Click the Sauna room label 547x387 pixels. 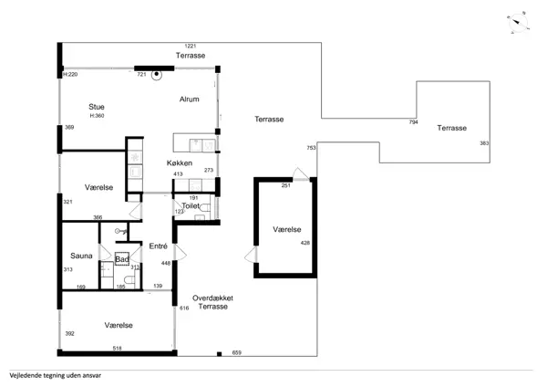click(x=81, y=256)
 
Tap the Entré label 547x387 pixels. click(x=159, y=246)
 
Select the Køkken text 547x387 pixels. click(x=180, y=162)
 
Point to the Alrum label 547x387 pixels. click(x=189, y=99)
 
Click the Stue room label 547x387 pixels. click(x=97, y=107)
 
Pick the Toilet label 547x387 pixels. click(x=191, y=206)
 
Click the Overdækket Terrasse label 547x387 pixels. click(x=212, y=302)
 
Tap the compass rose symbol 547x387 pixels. click(x=518, y=23)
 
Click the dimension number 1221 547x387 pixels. click(x=191, y=46)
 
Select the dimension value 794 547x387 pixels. click(x=413, y=122)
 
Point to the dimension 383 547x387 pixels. click(x=484, y=143)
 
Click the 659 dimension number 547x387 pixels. click(x=236, y=352)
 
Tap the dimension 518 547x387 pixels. click(x=118, y=349)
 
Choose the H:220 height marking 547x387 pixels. click(x=70, y=75)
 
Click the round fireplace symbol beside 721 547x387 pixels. click(x=157, y=74)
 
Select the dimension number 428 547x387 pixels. click(x=305, y=243)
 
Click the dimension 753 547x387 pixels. click(x=311, y=148)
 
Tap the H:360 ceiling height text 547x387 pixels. click(x=97, y=116)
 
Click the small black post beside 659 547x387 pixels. click(x=219, y=354)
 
